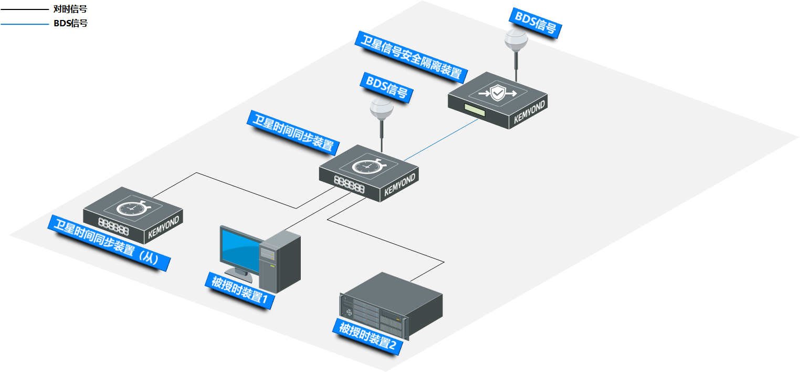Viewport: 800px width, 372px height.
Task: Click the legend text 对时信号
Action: [70, 9]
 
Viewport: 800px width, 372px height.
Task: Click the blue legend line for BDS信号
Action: [24, 24]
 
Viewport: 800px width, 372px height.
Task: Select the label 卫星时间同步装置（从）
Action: [110, 242]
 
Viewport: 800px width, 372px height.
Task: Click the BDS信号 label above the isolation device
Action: [535, 22]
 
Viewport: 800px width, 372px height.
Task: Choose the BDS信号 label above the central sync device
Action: [386, 87]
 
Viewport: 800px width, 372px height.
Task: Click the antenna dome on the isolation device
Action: [516, 39]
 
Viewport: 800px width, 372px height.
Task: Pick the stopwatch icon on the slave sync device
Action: [132, 207]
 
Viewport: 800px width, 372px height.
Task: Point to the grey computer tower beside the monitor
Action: [281, 261]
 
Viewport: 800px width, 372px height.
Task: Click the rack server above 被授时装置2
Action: [391, 305]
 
